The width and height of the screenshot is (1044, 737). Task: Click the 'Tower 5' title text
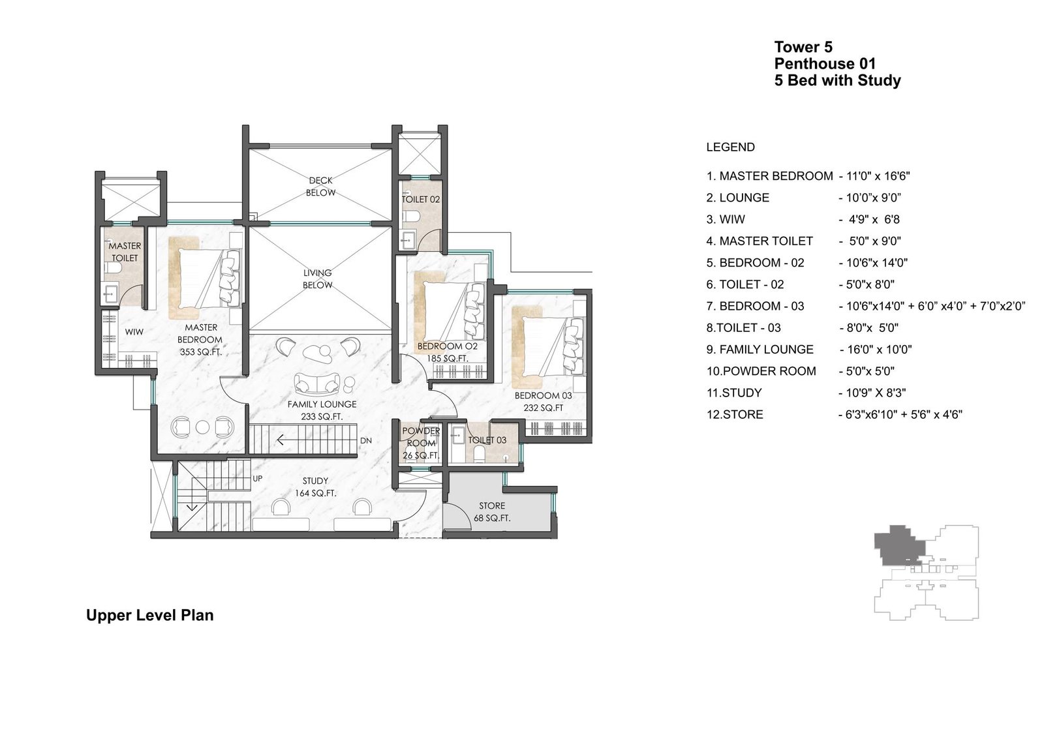click(803, 47)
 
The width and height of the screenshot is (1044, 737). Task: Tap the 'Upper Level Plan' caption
click(149, 616)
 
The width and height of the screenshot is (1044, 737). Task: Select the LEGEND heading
click(730, 147)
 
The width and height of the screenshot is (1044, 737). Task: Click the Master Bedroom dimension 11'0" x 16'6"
click(875, 176)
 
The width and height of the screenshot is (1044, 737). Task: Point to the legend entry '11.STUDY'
click(734, 393)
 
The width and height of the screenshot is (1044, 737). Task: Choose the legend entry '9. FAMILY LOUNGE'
click(760, 350)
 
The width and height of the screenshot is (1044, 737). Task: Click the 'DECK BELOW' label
click(320, 187)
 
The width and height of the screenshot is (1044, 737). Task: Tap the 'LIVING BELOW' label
click(317, 278)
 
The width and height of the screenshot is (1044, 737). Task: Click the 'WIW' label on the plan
click(134, 332)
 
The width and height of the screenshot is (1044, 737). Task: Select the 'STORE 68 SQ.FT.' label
click(492, 511)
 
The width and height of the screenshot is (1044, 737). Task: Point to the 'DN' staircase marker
click(366, 440)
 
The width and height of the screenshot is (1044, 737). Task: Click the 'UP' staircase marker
click(257, 479)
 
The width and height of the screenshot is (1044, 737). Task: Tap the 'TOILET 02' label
click(421, 200)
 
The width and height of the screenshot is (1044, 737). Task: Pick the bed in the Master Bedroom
click(206, 278)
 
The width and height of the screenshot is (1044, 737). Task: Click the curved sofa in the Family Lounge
click(316, 383)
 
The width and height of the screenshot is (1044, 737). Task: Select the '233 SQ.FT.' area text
click(322, 417)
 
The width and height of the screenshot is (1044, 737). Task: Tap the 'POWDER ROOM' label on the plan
click(421, 437)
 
